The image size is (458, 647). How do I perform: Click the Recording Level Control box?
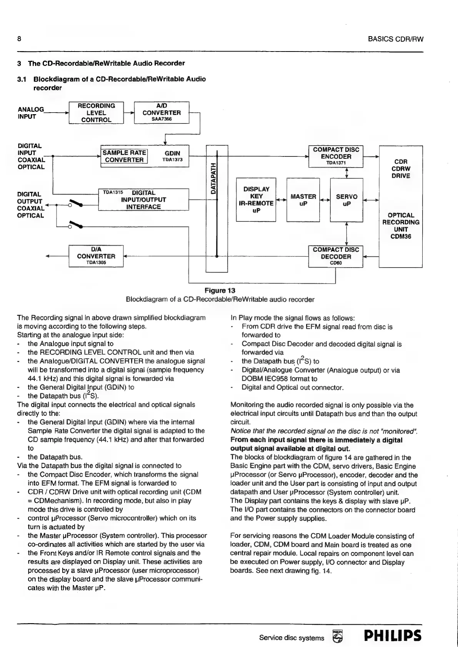96,113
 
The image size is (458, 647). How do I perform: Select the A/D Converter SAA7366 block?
162,113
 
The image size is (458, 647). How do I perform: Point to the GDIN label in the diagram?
172,153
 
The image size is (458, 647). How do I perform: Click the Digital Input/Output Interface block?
143,200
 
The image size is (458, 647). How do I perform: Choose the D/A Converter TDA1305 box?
96,256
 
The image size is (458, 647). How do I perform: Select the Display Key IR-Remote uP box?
256,200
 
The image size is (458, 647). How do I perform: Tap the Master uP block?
303,200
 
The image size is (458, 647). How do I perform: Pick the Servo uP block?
346,200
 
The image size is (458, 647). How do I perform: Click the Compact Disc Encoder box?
336,156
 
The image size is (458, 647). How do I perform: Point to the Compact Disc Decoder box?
336,256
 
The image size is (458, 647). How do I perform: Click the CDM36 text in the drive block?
401,236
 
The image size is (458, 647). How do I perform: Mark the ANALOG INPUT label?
31,113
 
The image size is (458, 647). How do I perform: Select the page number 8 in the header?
19,39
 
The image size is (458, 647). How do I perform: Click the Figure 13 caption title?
220,290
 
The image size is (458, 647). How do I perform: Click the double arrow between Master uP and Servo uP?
325,200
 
